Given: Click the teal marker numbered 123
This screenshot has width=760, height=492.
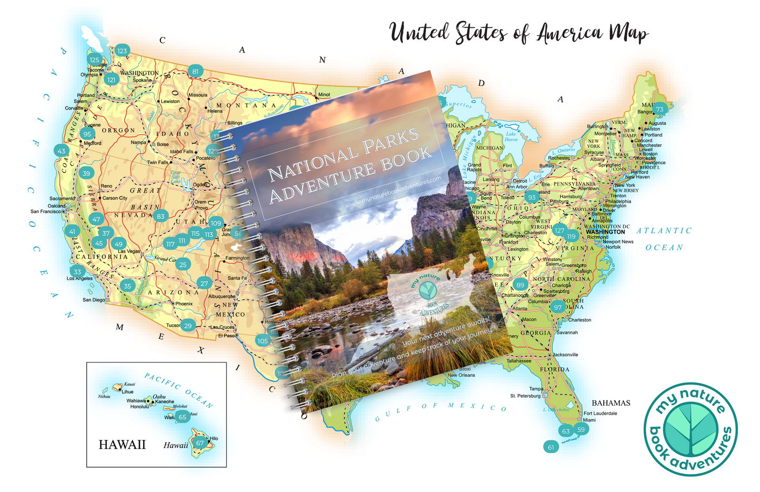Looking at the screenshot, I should point(122,51).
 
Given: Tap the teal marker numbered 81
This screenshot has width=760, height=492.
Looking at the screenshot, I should point(196,72).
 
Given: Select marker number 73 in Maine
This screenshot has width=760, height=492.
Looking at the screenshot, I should point(660,109).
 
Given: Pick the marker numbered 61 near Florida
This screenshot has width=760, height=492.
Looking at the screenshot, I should point(551,447).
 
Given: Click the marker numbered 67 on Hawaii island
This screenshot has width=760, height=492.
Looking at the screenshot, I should point(200,443).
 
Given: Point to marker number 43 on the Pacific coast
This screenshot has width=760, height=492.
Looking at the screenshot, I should point(62,151).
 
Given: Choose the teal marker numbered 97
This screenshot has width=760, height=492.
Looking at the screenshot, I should point(558,307).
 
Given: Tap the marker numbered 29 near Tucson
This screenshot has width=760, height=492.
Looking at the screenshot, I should point(188,326).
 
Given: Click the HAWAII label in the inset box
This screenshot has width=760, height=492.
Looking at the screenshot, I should point(122,445).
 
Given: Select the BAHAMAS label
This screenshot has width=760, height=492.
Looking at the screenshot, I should point(611,403).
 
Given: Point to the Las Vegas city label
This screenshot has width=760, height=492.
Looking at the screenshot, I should point(129,252).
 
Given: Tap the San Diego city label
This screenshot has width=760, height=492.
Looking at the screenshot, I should point(94,300).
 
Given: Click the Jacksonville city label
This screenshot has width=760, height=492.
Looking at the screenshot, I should point(565,355).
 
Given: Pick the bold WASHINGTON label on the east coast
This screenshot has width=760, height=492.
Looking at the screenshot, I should point(605,232).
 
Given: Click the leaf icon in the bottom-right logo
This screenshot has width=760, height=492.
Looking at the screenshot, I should point(690,428).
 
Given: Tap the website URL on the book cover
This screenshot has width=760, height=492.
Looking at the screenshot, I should point(393,194).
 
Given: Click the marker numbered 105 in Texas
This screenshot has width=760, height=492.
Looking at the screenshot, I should point(263,341).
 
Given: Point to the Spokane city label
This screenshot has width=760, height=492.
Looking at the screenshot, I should point(142,81).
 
